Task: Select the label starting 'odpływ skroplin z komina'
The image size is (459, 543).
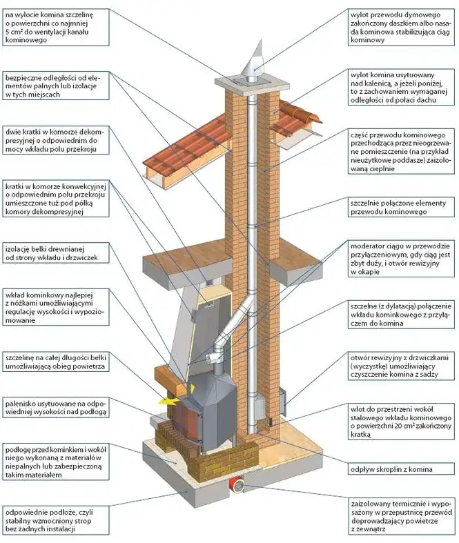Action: pos(391,470)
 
